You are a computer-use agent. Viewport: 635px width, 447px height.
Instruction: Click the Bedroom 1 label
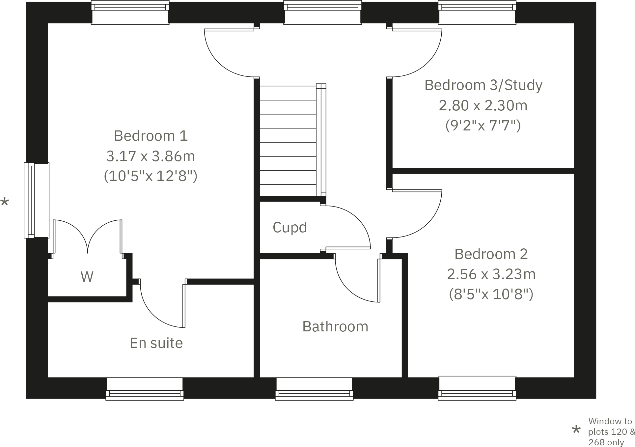click(x=151, y=136)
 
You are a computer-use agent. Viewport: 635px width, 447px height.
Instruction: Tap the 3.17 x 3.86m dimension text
click(x=151, y=156)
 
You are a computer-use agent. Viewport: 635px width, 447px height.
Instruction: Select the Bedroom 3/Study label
click(x=483, y=85)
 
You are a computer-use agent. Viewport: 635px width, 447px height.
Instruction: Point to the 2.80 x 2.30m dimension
click(x=483, y=105)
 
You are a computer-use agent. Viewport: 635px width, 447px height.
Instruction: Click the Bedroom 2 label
click(x=491, y=254)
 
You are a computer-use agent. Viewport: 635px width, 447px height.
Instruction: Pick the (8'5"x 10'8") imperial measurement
click(x=491, y=294)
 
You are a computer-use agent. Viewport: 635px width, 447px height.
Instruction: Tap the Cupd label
click(x=290, y=227)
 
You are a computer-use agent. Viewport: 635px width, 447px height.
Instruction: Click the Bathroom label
click(x=335, y=326)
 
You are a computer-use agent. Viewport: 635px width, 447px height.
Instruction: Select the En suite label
click(x=156, y=343)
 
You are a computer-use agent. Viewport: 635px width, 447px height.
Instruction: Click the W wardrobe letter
click(x=87, y=277)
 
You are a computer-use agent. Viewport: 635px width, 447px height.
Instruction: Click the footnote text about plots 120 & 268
click(x=611, y=432)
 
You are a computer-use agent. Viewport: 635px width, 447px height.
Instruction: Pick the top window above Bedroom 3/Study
click(x=477, y=13)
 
